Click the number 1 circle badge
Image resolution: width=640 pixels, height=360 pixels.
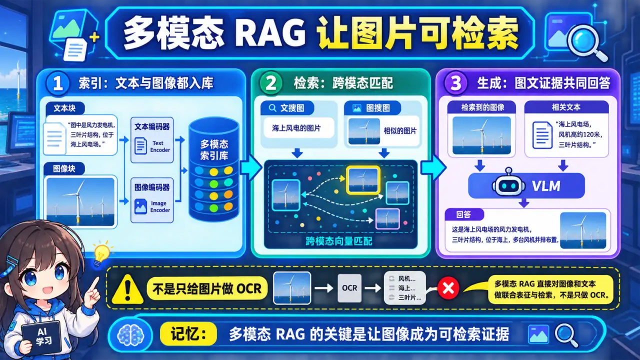click(57, 83)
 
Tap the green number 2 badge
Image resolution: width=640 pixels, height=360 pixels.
click(271, 83)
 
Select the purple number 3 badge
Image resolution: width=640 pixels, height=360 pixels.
click(455, 83)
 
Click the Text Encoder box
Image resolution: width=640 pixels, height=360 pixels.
click(152, 140)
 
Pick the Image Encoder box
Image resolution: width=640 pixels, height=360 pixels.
click(152, 200)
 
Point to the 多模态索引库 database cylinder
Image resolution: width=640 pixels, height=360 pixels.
click(213, 169)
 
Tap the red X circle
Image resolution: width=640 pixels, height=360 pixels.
click(448, 288)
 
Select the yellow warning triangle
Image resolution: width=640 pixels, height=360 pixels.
click(127, 289)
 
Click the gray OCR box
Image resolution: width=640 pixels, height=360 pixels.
click(349, 288)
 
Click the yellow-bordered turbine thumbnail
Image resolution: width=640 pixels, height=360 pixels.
click(363, 180)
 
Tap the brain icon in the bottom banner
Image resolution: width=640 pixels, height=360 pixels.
click(131, 335)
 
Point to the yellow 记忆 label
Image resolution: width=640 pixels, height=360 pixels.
click(188, 333)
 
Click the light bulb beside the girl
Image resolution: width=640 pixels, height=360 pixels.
click(101, 253)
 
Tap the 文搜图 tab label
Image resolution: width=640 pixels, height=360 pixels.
click(287, 107)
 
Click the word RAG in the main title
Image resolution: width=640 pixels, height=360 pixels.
click(270, 32)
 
